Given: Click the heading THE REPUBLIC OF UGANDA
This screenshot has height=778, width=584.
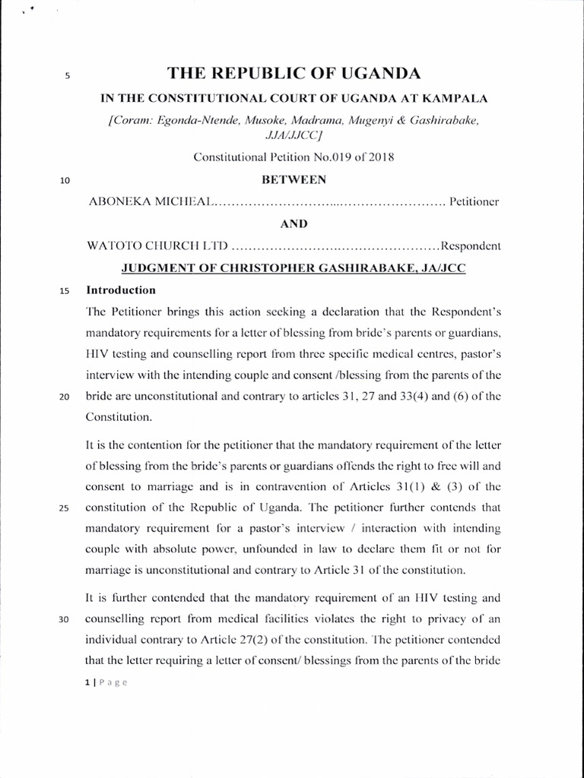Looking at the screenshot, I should point(294,74).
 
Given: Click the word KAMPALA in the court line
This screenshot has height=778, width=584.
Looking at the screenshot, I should point(454,98).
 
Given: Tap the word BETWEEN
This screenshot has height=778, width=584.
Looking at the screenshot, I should point(294,180).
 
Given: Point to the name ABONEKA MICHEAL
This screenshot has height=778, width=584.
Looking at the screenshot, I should point(151,203).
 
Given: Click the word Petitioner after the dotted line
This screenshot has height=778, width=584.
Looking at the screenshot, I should point(474,203).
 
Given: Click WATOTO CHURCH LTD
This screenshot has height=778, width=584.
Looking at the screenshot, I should point(157,246).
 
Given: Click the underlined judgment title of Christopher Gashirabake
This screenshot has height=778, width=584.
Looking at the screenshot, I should point(294,268).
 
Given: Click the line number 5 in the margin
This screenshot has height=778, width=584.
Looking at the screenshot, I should point(68,76).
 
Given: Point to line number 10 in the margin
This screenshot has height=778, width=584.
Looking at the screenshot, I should point(65,181).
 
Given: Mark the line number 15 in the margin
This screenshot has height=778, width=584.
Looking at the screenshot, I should point(65,291).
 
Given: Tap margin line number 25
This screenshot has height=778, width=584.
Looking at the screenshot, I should point(65,508).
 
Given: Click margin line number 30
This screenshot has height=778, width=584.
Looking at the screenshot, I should point(65,618).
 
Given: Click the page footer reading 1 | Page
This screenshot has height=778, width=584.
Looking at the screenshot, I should point(106,682).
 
